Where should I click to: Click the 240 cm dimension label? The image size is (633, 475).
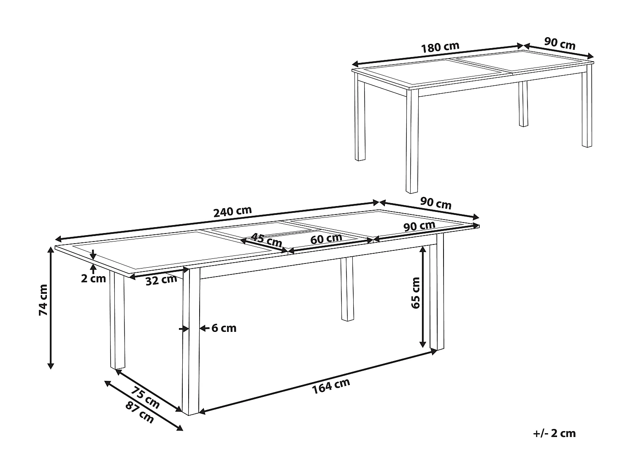pyautogui.click(x=233, y=211)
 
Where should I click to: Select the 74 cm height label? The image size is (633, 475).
pyautogui.click(x=43, y=300)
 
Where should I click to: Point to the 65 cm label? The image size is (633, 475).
pyautogui.click(x=416, y=293)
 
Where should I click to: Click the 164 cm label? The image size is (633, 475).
pyautogui.click(x=331, y=386)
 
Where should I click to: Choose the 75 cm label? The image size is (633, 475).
pyautogui.click(x=145, y=398)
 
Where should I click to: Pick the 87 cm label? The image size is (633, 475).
pyautogui.click(x=140, y=412)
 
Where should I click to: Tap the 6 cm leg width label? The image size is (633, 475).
pyautogui.click(x=224, y=328)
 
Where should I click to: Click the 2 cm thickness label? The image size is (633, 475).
pyautogui.click(x=93, y=278)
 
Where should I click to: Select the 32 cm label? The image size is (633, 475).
pyautogui.click(x=161, y=280)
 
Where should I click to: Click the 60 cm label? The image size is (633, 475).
pyautogui.click(x=326, y=239)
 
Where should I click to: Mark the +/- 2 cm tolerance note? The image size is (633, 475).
pyautogui.click(x=554, y=433)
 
